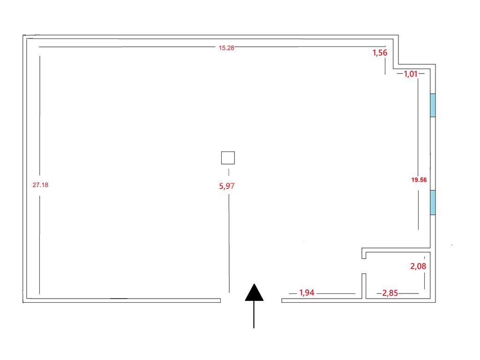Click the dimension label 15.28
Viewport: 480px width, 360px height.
pyautogui.click(x=226, y=48)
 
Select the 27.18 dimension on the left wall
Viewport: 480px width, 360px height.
pyautogui.click(x=40, y=185)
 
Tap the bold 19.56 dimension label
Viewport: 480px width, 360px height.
pyautogui.click(x=419, y=179)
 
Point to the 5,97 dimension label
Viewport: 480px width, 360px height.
pyautogui.click(x=227, y=186)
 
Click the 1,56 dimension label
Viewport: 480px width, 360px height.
pyautogui.click(x=380, y=53)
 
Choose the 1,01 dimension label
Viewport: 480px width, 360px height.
pyautogui.click(x=411, y=74)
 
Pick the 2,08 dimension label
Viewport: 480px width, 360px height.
pyautogui.click(x=418, y=267)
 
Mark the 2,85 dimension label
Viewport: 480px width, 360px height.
pyautogui.click(x=390, y=293)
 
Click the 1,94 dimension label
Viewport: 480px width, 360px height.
pyautogui.click(x=307, y=293)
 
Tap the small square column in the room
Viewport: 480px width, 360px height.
pyautogui.click(x=228, y=158)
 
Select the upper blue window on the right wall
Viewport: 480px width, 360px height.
pyautogui.click(x=433, y=105)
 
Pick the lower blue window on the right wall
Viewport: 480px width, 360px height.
pyautogui.click(x=433, y=202)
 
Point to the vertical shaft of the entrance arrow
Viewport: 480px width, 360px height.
pyautogui.click(x=254, y=314)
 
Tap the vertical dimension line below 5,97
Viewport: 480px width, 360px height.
pyautogui.click(x=228, y=244)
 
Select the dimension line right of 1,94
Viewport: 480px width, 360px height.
pyautogui.click(x=336, y=293)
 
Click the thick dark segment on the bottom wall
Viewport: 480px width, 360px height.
pyautogui.click(x=119, y=298)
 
